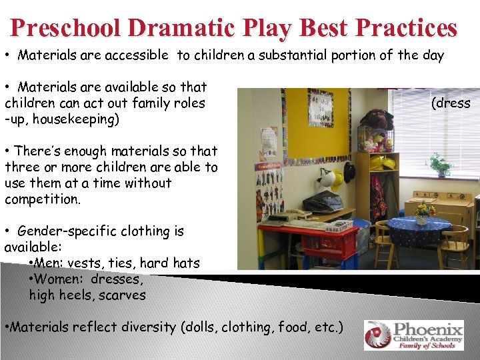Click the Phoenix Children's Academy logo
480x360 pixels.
tap(413, 335)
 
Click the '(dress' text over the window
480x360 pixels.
tap(451, 103)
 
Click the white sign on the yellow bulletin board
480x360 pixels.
tap(321, 107)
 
